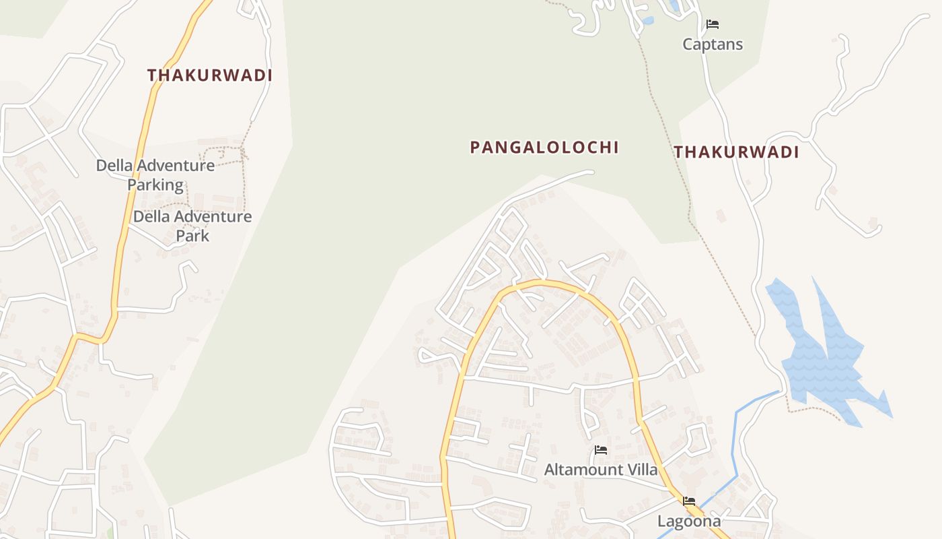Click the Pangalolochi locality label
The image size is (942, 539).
pos(544,147)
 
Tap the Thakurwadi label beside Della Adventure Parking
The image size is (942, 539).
pos(210,75)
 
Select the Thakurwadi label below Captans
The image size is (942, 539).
pos(736,152)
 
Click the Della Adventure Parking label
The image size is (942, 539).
pos(155,175)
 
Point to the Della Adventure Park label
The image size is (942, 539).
pos(192,226)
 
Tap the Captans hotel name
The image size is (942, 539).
pos(713,44)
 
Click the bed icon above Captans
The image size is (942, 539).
pos(713,25)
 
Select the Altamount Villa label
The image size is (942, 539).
pos(601,470)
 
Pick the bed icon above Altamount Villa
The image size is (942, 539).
pos(601,450)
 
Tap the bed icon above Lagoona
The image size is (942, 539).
pos(689,501)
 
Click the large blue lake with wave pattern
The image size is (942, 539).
pos(824,357)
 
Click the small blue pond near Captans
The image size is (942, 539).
pos(647,21)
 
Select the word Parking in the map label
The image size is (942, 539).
pos(155,185)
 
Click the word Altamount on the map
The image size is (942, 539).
pos(583,470)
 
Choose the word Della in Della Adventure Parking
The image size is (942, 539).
pos(112,165)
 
